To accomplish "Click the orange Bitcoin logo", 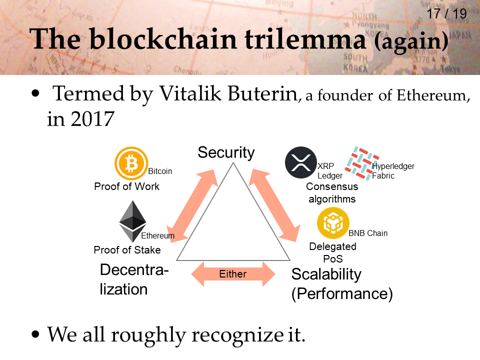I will pos(131,163).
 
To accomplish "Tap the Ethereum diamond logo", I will pos(132,221).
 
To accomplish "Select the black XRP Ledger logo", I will pos(301,163).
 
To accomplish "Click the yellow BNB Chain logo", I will pos(333,223).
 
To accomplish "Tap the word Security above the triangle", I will pos(226,152).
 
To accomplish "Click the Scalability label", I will pos(326,274).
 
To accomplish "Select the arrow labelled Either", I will pos(233,274).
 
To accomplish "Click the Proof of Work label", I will pos(126,186).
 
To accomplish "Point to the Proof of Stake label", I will pos(127,249).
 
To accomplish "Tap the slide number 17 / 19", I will pos(446,13).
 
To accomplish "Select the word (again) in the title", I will pos(411,42).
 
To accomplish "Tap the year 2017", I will pos(94,119).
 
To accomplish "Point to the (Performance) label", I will pos(342,294).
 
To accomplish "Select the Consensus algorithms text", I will pos(332,192).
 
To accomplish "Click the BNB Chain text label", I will pos(368,233).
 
